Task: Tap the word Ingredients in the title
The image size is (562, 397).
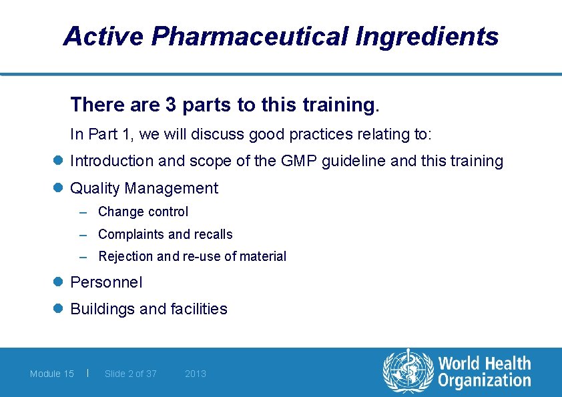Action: (x=427, y=36)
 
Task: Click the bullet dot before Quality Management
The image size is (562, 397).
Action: (x=59, y=189)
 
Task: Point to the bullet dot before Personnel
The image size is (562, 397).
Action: (x=59, y=282)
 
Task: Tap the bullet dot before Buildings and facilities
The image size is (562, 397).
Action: (x=59, y=309)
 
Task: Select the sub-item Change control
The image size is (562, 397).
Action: (x=143, y=212)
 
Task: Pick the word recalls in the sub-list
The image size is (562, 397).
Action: (x=213, y=234)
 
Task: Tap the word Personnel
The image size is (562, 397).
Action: (x=106, y=282)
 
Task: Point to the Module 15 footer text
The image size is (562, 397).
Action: (x=52, y=374)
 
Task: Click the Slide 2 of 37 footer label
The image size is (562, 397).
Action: (x=131, y=374)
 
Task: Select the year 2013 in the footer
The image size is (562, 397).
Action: (x=196, y=374)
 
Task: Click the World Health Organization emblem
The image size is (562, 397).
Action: (x=407, y=372)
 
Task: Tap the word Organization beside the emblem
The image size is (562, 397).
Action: (x=485, y=381)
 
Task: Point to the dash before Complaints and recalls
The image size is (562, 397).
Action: (x=83, y=235)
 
